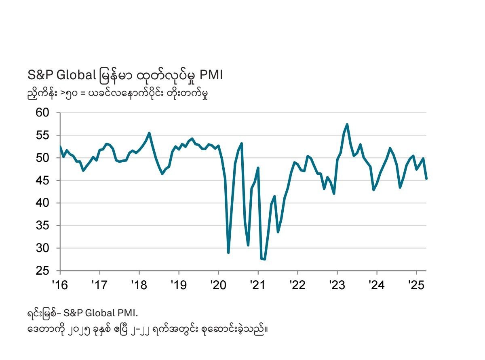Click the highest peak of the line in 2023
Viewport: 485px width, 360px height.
tap(347, 124)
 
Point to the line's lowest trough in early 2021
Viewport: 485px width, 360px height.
tap(264, 259)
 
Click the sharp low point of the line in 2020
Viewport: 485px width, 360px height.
tap(228, 253)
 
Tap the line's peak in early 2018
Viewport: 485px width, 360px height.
tap(149, 133)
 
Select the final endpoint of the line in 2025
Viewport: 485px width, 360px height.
tap(426, 178)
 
